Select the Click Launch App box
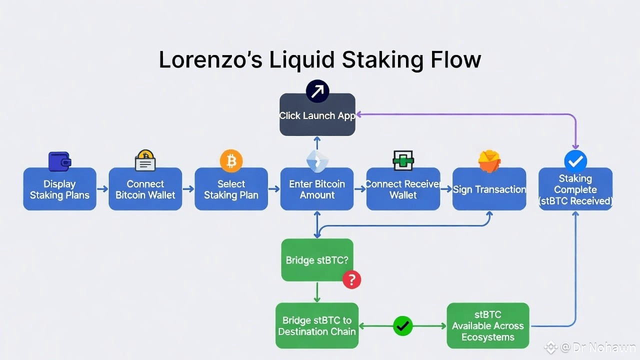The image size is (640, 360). click(317, 115)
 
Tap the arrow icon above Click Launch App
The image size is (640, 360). click(317, 91)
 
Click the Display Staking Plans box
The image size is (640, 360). click(59, 189)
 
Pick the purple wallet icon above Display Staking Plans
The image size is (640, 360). click(59, 161)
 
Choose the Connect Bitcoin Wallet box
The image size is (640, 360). click(145, 189)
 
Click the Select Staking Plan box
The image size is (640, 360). click(231, 189)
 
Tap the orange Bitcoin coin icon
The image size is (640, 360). click(231, 161)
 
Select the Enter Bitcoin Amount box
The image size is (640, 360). click(317, 189)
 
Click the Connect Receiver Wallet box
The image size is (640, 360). click(403, 189)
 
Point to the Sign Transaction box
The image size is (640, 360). click(489, 189)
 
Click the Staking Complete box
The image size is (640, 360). click(575, 189)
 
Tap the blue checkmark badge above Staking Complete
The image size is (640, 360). click(575, 161)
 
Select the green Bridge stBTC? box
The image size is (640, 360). click(317, 260)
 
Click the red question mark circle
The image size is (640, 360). click(351, 279)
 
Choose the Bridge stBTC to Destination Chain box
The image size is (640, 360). click(317, 326)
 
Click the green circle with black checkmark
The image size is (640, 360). click(402, 326)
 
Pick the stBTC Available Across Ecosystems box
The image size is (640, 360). click(487, 326)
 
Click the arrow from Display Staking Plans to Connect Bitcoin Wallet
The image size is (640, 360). click(102, 189)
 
